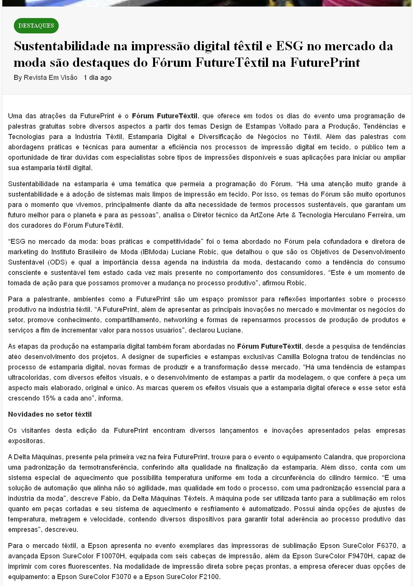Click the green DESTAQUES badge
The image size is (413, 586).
click(x=36, y=26)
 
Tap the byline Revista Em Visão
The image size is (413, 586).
click(x=50, y=78)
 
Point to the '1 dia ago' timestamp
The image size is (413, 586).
click(x=97, y=78)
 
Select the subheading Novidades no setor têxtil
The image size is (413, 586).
click(x=50, y=414)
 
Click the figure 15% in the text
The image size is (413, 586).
click(x=49, y=398)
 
